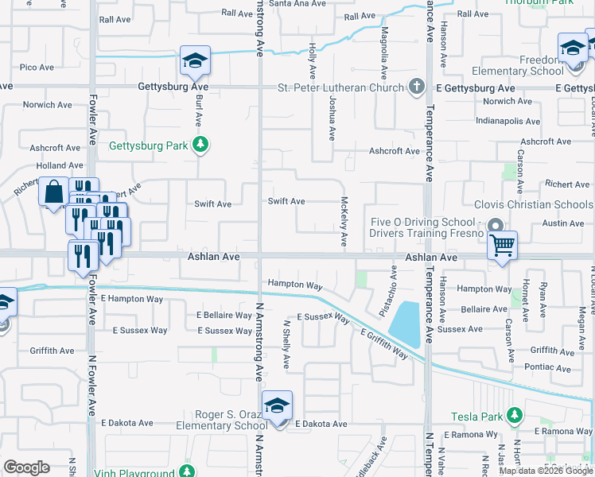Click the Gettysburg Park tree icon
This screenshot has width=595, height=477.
pyautogui.click(x=201, y=144)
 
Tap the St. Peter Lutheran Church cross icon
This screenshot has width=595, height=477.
pyautogui.click(x=415, y=86)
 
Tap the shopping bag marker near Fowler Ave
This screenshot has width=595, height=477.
pyautogui.click(x=53, y=192)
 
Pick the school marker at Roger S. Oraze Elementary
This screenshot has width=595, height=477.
pyautogui.click(x=276, y=405)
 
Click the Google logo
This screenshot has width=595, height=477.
pyautogui.click(x=26, y=467)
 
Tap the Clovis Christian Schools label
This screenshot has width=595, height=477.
pyautogui.click(x=533, y=204)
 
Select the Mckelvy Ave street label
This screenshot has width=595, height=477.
pyautogui.click(x=344, y=220)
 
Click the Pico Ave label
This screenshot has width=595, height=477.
pyautogui.click(x=37, y=68)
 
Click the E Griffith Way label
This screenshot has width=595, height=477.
pyautogui.click(x=383, y=343)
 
